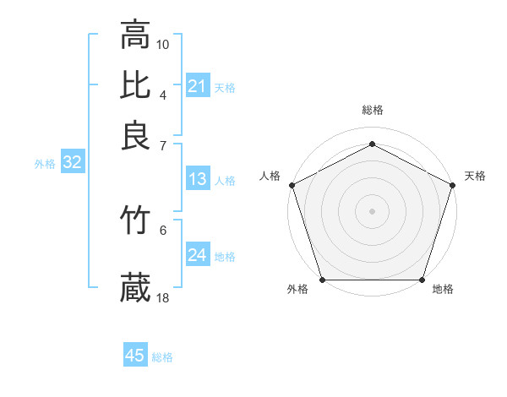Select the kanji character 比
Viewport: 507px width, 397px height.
[135, 84]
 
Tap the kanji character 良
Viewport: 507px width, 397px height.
[135, 135]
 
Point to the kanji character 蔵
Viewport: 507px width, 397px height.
[135, 287]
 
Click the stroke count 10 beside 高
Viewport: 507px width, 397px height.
[163, 43]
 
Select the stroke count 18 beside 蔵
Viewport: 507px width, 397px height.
[163, 296]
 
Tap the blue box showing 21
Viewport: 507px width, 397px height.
[197, 86]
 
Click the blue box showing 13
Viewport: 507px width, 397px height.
[197, 179]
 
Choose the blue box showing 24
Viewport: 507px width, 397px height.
[197, 255]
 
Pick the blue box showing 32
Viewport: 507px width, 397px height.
[72, 163]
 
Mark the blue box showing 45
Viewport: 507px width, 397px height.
[135, 356]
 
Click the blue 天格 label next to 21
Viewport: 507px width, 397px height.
[225, 87]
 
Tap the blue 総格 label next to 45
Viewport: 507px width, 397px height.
[162, 356]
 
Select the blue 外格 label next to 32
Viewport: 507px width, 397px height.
[44, 164]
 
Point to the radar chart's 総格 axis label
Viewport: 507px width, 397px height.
[372, 110]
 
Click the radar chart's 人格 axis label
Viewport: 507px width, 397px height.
[270, 176]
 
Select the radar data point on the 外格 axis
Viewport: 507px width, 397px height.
[322, 280]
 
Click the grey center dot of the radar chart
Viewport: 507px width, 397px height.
[372, 210]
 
